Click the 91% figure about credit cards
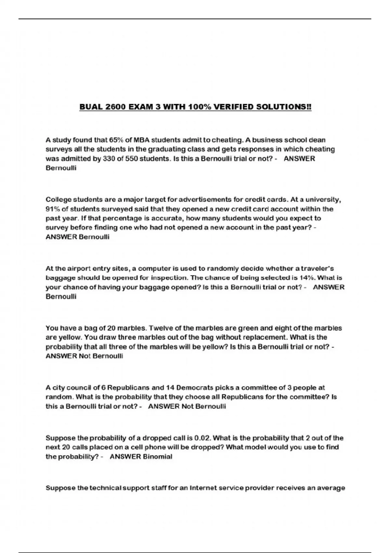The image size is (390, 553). click(53, 209)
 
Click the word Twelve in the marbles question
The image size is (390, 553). click(160, 328)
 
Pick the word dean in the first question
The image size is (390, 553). click(317, 140)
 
